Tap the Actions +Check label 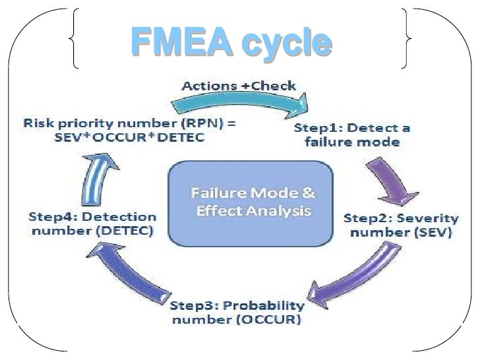(x=239, y=86)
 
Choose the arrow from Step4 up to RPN (x=96, y=177)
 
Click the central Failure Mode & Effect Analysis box (x=251, y=204)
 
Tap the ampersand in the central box (x=308, y=194)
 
